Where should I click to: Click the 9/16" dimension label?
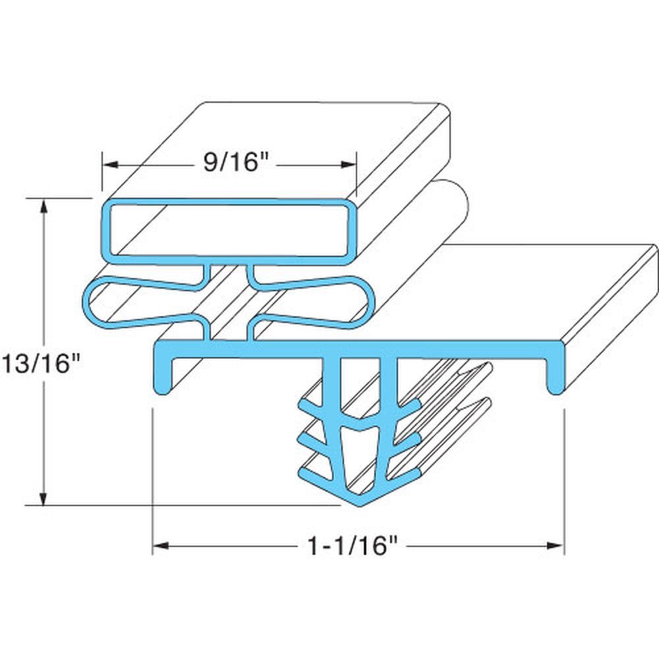(x=229, y=162)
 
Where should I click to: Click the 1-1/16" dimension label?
(x=354, y=546)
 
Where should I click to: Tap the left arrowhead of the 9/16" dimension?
(x=108, y=163)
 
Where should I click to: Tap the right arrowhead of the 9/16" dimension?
(x=350, y=163)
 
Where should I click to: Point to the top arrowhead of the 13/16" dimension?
(x=44, y=205)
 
